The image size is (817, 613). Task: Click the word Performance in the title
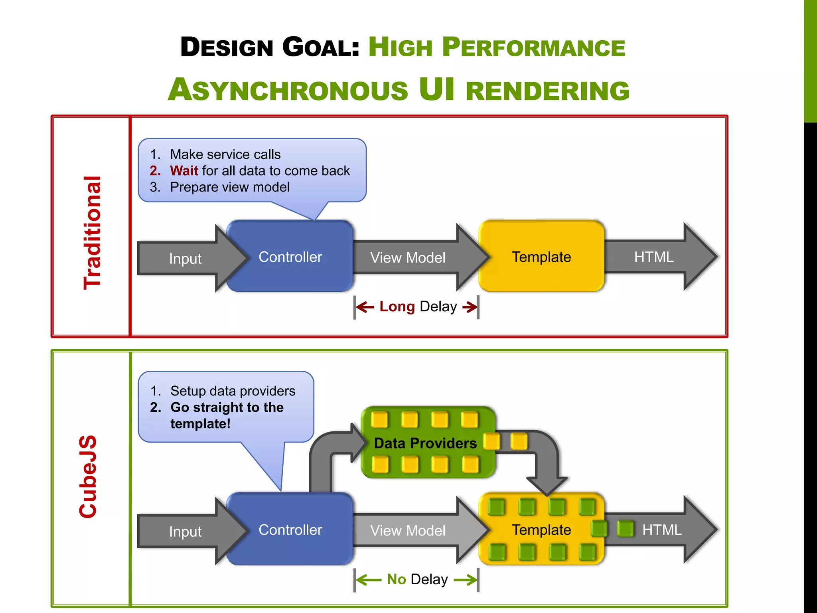(x=534, y=47)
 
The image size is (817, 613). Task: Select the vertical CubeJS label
(x=88, y=477)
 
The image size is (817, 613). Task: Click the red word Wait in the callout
(x=184, y=171)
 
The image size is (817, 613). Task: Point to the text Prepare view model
(x=230, y=187)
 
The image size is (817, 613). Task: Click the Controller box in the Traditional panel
(x=290, y=257)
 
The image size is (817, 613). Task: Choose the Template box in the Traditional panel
(x=541, y=257)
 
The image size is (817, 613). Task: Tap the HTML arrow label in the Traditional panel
(x=654, y=257)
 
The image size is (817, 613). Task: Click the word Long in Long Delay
(x=397, y=306)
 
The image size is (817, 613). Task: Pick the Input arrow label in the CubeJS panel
(x=185, y=532)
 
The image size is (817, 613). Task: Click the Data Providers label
(x=425, y=443)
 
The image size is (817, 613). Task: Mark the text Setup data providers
(x=233, y=391)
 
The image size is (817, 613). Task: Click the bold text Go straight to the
(x=227, y=407)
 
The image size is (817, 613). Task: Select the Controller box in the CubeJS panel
(x=290, y=530)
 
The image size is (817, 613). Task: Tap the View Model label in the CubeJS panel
(x=408, y=531)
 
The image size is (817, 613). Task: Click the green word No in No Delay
(x=396, y=579)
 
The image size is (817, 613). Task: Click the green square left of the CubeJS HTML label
(x=625, y=529)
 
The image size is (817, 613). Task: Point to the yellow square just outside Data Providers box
(x=519, y=442)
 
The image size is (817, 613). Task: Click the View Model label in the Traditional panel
(x=408, y=258)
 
